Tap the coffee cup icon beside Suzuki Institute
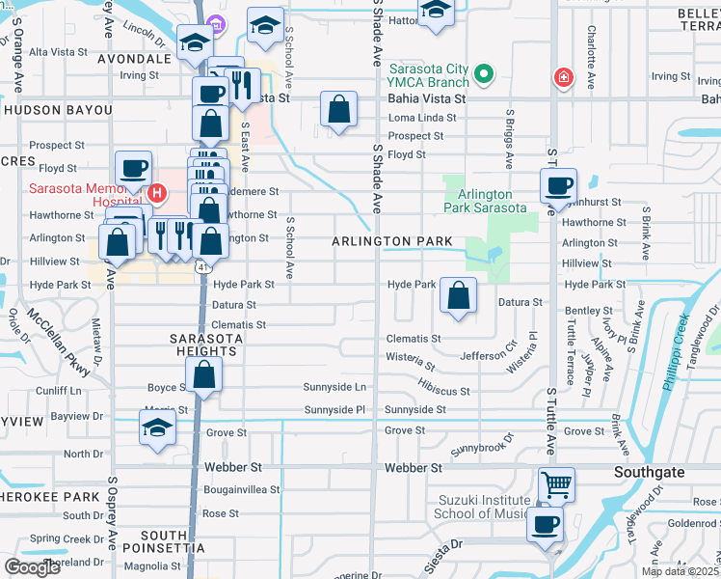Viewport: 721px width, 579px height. point(545,524)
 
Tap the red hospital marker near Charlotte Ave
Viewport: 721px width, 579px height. point(562,77)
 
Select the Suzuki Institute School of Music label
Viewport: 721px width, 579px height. point(484,507)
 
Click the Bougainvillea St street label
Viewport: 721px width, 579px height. point(241,489)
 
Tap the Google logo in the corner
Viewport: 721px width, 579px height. point(32,566)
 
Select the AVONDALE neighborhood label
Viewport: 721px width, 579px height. point(136,59)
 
